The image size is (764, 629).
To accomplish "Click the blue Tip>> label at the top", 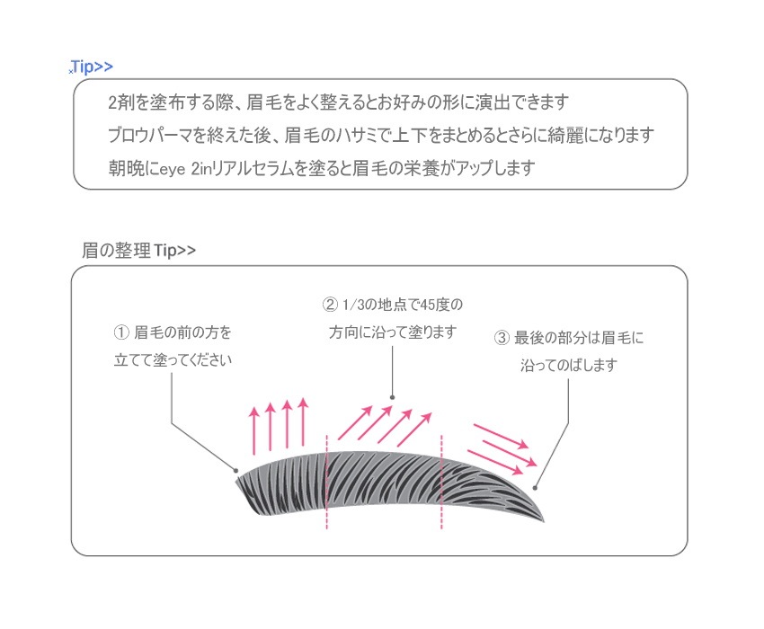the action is pos(92,66).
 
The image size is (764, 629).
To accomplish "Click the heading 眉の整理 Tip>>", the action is pos(138,251).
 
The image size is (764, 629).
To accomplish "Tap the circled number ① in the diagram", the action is pos(120,332).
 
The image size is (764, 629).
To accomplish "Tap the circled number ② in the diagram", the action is pos(330,305).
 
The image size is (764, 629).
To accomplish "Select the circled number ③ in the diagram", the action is pos(502,338).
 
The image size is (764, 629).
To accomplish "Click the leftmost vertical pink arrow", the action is pos(253,431).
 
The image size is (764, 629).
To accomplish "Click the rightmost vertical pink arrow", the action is pos(303,422).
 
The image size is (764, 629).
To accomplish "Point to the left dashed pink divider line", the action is pos(326,482).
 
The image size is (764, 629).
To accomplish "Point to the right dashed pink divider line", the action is pos(441,482).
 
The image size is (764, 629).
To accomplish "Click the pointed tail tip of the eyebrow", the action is pos(544,522).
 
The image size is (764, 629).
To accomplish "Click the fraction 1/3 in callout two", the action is pos(353,305).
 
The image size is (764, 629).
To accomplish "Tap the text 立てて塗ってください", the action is pos(173,360).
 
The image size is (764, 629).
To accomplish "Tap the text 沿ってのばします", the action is pos(569,365).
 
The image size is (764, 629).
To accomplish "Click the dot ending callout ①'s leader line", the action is pos(235,471).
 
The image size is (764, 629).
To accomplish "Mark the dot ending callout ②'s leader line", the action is pos(392,397).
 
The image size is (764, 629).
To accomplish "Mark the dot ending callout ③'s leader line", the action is pos(535,488).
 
